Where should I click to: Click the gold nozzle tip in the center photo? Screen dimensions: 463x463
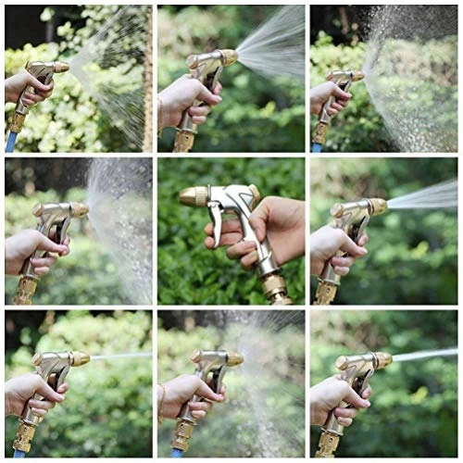pos(194,196)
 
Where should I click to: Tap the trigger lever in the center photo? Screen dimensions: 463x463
pos(219,223)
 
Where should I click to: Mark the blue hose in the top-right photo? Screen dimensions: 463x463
pos(316,145)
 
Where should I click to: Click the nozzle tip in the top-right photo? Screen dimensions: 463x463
pos(357,76)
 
